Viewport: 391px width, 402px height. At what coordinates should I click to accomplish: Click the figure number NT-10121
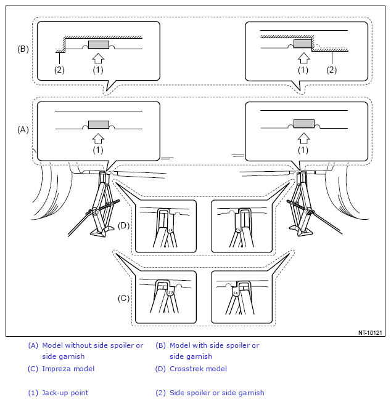point(370,333)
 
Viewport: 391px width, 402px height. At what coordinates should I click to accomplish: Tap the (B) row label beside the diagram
point(23,49)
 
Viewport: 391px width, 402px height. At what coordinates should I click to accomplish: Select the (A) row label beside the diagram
point(23,129)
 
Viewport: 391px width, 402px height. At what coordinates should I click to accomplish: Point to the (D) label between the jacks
point(123,225)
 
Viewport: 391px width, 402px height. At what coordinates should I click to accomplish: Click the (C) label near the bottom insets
point(123,298)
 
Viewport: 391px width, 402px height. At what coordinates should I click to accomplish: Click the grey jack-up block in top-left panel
point(99,44)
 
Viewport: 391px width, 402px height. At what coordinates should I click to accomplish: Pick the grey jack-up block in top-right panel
point(303,44)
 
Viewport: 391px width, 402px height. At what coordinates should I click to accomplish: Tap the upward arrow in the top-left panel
point(98,58)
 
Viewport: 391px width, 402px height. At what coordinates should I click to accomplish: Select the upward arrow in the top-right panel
point(303,58)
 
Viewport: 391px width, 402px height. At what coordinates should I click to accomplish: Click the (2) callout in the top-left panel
point(59,70)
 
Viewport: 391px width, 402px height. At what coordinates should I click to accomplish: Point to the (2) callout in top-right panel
point(331,70)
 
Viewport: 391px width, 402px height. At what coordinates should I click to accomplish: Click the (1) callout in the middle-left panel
point(98,150)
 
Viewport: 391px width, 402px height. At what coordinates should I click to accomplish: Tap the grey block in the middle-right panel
point(304,124)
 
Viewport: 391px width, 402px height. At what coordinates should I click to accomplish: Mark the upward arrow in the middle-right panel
point(303,139)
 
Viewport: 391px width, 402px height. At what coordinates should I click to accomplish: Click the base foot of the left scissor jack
point(102,231)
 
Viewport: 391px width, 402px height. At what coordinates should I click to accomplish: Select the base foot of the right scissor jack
point(301,231)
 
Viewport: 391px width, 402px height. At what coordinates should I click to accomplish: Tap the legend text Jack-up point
point(65,393)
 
